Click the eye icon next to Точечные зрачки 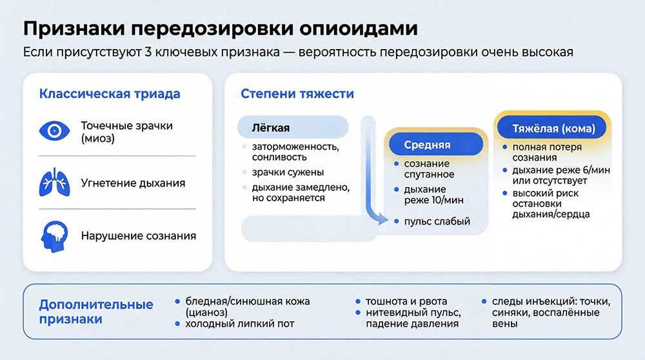55,132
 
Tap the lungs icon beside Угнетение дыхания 55,183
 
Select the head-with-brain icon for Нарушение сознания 55,235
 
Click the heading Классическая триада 110,94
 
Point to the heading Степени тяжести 297,94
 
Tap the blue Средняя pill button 427,145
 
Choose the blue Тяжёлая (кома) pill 553,128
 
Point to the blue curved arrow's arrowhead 382,220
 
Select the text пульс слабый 437,221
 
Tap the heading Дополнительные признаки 96,312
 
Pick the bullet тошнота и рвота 406,301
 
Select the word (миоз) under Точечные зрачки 97,138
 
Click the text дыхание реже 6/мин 561,170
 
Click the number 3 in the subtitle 166,52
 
